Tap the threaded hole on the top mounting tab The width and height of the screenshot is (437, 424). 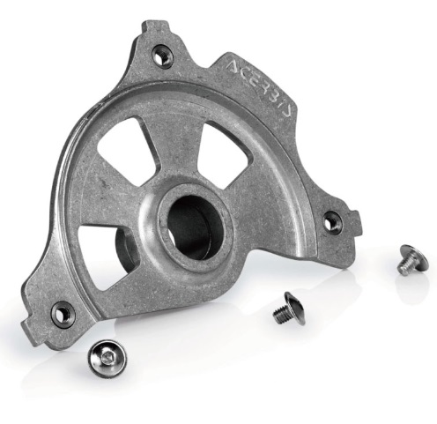pos(161,55)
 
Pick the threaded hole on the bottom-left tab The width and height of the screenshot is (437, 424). pos(62,313)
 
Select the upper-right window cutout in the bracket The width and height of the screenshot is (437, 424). pos(224,153)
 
